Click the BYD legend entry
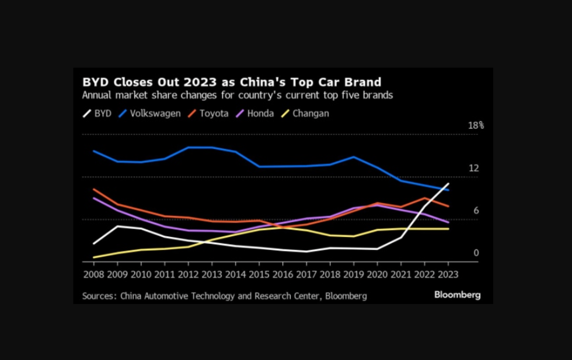(x=97, y=114)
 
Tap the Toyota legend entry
(x=208, y=114)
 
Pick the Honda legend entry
(x=254, y=114)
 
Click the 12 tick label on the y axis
(x=473, y=168)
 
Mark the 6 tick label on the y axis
(x=476, y=211)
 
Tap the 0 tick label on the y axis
(x=476, y=253)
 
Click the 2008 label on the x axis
(x=94, y=273)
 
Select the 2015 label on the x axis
(x=260, y=273)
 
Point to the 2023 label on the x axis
(x=448, y=273)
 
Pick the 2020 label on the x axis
(x=377, y=273)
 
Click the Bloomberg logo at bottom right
(x=457, y=295)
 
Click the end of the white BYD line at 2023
(x=448, y=184)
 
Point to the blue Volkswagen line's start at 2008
(x=94, y=151)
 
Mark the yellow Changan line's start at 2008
(x=94, y=257)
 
